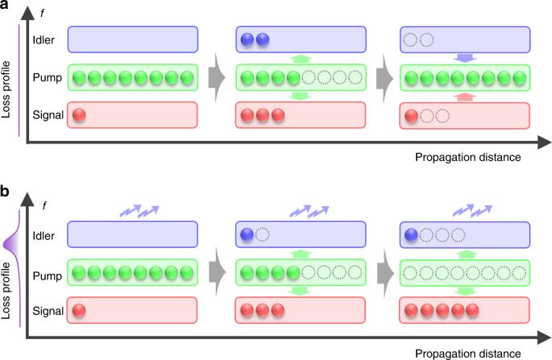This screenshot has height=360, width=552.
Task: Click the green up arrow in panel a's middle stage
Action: (x=298, y=58)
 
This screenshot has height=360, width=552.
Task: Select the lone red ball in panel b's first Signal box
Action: (x=80, y=309)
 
